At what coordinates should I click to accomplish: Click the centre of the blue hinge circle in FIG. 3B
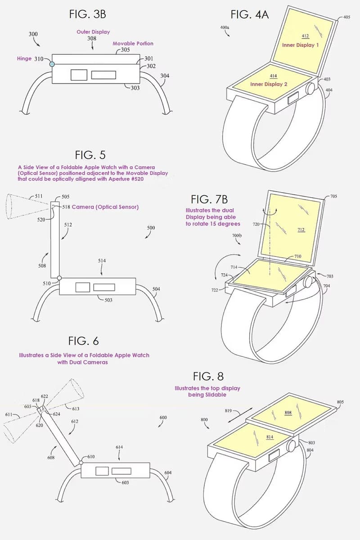click(x=52, y=64)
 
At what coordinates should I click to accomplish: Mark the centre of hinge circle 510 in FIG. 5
click(x=59, y=278)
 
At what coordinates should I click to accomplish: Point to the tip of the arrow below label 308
click(x=93, y=50)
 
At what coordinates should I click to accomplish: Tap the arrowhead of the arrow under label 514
click(x=102, y=275)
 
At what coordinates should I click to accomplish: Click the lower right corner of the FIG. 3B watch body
click(x=140, y=83)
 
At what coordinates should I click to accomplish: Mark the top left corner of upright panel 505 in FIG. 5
click(x=51, y=201)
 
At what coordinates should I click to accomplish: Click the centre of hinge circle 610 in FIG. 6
click(x=81, y=463)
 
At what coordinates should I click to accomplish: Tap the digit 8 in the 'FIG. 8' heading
click(x=220, y=376)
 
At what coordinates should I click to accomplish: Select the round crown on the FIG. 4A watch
click(x=310, y=89)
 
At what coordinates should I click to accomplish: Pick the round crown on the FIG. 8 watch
click(x=291, y=445)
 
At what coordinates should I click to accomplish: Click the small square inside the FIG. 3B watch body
click(x=79, y=75)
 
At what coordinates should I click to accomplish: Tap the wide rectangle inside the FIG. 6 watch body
click(x=121, y=471)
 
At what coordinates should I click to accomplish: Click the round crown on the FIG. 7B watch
click(x=308, y=282)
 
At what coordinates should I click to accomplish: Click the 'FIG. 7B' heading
click(x=209, y=199)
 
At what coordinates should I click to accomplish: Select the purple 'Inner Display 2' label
click(x=269, y=84)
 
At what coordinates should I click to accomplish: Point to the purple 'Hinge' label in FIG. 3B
click(x=24, y=58)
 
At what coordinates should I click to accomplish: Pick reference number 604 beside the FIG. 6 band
click(x=168, y=472)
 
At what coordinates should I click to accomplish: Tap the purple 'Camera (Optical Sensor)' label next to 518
click(x=105, y=207)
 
